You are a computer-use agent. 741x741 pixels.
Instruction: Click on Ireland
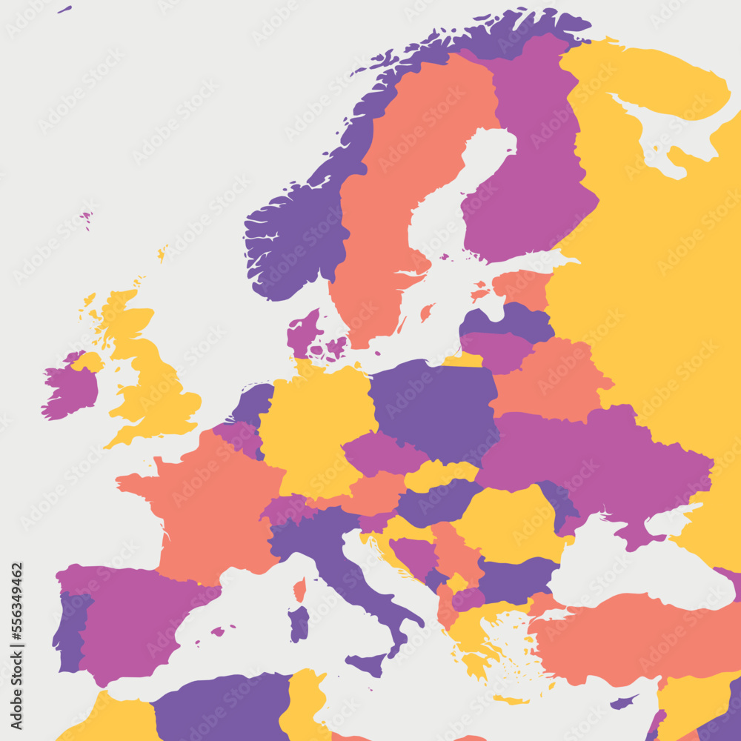[x=70, y=389]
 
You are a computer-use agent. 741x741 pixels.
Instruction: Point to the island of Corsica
[x=299, y=590]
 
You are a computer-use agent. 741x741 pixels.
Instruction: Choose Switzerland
[x=285, y=510]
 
